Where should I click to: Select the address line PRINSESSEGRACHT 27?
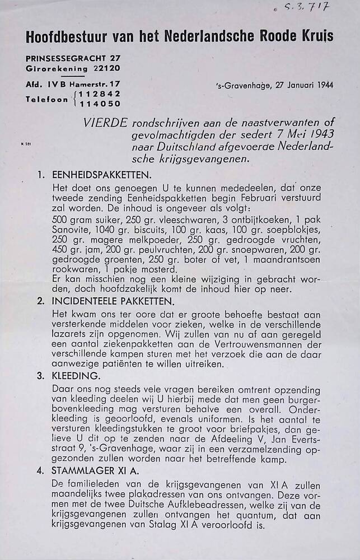(x=73, y=58)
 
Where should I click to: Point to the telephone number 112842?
(x=100, y=94)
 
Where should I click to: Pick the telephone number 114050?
(x=100, y=103)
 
